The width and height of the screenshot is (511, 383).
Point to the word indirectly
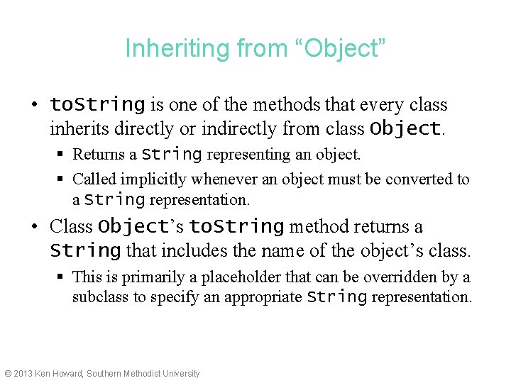(241, 129)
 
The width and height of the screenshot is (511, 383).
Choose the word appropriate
(263, 296)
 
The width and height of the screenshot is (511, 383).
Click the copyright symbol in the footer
(8, 374)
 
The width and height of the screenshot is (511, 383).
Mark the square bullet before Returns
(62, 155)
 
